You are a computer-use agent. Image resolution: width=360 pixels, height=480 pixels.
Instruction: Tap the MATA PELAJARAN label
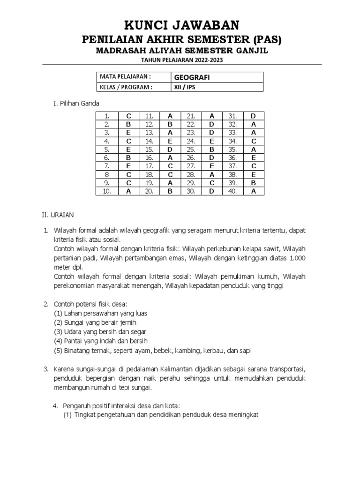pos(125,76)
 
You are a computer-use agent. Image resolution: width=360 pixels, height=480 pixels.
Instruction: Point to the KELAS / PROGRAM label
pos(126,87)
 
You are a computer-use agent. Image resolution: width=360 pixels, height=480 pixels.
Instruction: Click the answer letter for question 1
pos(128,116)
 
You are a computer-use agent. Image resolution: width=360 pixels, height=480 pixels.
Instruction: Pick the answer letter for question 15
pos(170,149)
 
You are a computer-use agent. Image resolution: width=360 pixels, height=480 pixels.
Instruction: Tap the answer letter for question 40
pos(253,191)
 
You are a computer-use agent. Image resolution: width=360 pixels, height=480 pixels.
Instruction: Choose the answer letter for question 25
pos(211,149)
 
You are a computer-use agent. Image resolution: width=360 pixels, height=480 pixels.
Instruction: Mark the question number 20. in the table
pos(150,191)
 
